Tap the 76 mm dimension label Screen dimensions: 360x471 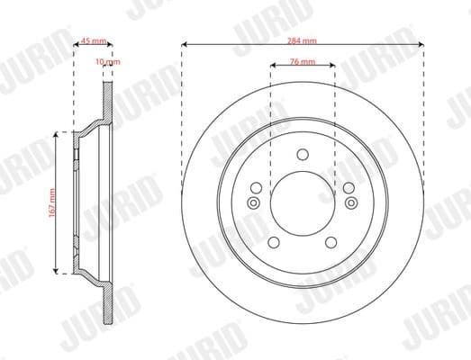[x=303, y=62]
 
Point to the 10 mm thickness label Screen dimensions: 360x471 [x=108, y=62]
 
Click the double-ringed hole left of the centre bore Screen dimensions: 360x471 [x=253, y=202]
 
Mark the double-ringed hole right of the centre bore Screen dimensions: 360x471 [x=350, y=202]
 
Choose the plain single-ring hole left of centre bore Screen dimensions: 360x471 [x=255, y=187]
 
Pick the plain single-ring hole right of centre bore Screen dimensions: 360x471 [x=349, y=187]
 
